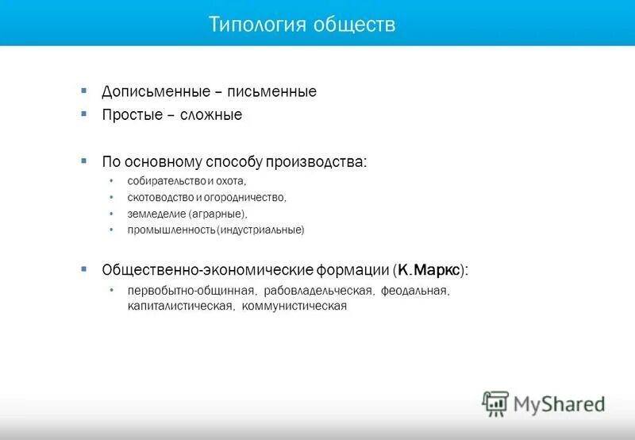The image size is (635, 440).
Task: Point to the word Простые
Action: pyautogui.click(x=129, y=115)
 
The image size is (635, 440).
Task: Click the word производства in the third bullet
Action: pyautogui.click(x=320, y=161)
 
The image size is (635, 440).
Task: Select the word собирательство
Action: pyautogui.click(x=166, y=182)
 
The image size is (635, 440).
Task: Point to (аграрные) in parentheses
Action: pyautogui.click(x=218, y=214)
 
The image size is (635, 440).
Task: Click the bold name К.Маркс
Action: pyautogui.click(x=429, y=270)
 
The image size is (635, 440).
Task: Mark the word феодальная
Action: pyautogui.click(x=415, y=291)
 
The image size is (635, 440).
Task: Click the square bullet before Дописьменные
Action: pyautogui.click(x=84, y=90)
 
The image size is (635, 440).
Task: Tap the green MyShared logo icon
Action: pyautogui.click(x=495, y=403)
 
